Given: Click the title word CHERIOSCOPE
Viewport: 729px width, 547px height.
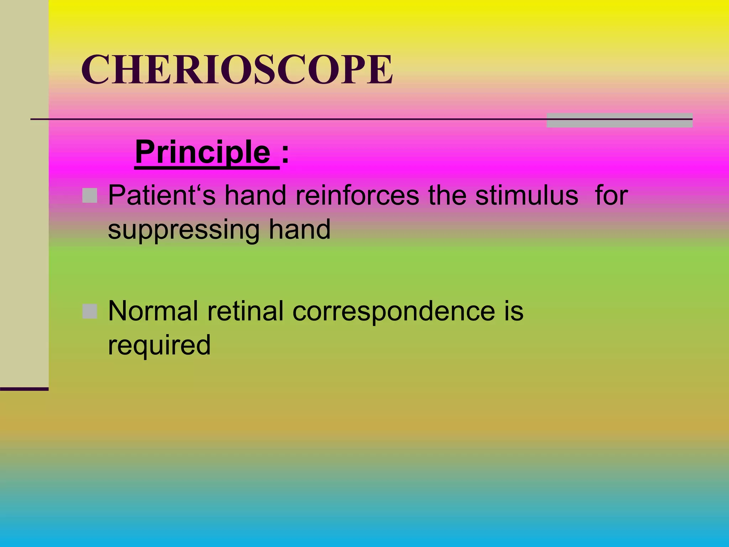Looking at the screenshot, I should (x=237, y=70).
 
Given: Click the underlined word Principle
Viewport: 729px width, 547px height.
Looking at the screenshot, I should (x=203, y=152).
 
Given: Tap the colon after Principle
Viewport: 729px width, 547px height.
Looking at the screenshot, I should (x=285, y=156).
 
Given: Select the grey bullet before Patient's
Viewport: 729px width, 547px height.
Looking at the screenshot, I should (x=90, y=196).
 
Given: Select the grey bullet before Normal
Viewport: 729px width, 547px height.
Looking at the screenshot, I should (x=90, y=311).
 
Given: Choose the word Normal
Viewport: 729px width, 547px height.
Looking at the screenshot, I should (x=153, y=311).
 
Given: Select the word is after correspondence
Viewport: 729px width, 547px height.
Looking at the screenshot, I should (x=514, y=311).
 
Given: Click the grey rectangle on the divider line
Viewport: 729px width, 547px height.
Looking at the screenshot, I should (x=619, y=120).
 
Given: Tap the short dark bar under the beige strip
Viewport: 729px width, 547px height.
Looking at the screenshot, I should (x=24, y=389).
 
